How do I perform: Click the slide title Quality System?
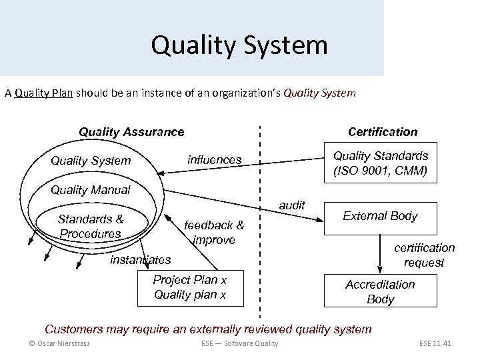(x=239, y=45)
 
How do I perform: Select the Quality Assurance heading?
(x=131, y=132)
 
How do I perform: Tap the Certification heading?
(x=383, y=132)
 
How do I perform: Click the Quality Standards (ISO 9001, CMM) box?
(x=381, y=163)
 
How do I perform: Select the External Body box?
(x=380, y=216)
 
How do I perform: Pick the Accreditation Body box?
(x=380, y=292)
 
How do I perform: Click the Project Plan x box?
(x=190, y=287)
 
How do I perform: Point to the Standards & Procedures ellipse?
(x=91, y=226)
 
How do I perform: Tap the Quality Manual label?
(x=91, y=190)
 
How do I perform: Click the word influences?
(x=215, y=160)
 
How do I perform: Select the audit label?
(x=292, y=205)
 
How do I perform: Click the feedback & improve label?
(x=214, y=232)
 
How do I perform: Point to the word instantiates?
(x=141, y=259)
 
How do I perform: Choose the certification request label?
(x=424, y=255)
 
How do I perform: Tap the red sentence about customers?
(x=208, y=329)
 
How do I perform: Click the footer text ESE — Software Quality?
(x=239, y=343)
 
